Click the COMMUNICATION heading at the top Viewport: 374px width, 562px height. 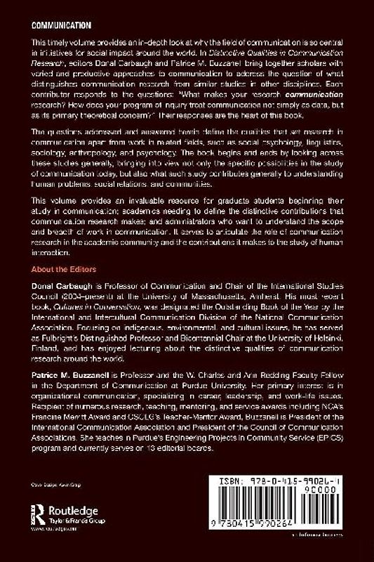click(x=62, y=23)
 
